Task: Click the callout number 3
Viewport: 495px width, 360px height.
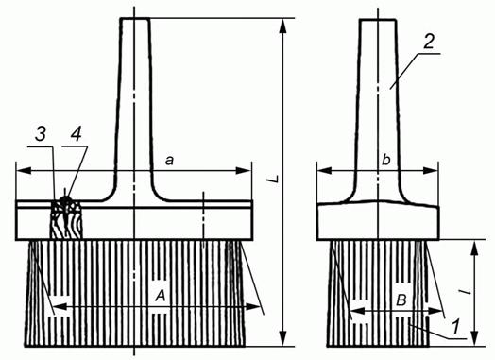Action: (x=40, y=134)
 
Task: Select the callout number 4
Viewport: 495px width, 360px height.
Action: (x=77, y=134)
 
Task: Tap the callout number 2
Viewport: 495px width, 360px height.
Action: (x=428, y=42)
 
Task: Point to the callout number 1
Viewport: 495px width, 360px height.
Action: (x=455, y=327)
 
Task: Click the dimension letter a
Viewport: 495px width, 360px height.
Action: (x=169, y=161)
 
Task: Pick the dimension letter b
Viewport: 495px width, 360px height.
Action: (x=385, y=160)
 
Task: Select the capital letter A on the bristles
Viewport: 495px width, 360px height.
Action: (x=161, y=297)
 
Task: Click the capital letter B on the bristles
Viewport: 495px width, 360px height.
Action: (x=401, y=300)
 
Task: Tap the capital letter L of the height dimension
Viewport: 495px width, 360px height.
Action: (x=272, y=179)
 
